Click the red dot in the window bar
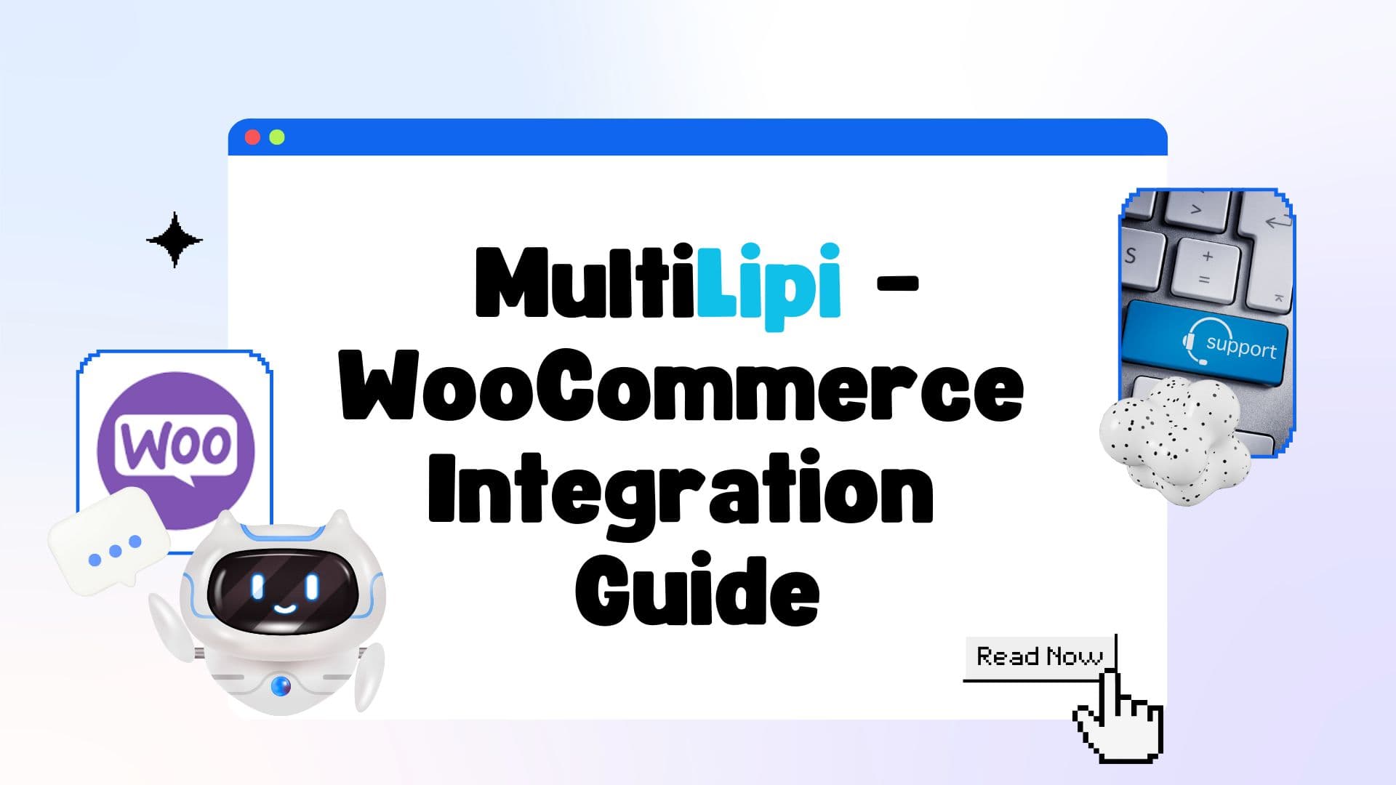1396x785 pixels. tap(252, 137)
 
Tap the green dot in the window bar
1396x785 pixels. tap(277, 137)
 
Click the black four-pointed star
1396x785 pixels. tap(174, 240)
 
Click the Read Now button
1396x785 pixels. tap(1040, 657)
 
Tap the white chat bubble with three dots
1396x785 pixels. tap(108, 540)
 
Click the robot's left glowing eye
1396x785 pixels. tap(257, 587)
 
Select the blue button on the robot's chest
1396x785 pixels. tap(281, 685)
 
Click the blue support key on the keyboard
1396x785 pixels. tap(1204, 342)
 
